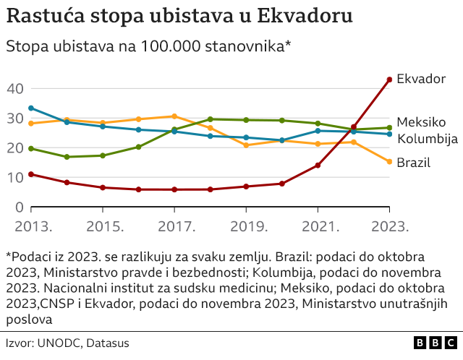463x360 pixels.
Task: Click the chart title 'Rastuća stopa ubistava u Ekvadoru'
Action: click(179, 16)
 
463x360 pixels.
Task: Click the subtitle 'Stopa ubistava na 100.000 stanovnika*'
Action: click(148, 47)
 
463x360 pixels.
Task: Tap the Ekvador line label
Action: click(422, 79)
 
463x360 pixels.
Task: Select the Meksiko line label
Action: click(422, 122)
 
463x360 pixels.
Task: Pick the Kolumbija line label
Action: click(428, 138)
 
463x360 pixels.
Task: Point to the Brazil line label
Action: click(413, 163)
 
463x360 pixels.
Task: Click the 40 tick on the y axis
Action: click(16, 88)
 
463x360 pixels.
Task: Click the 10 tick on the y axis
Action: click(16, 177)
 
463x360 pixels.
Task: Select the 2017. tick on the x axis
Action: click(174, 226)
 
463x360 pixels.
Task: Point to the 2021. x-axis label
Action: click(318, 226)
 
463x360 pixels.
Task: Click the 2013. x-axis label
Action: click(30, 226)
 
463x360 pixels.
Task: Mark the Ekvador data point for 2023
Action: click(389, 80)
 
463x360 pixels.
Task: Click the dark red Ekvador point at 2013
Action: click(31, 174)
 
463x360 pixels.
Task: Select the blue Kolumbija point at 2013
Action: click(31, 108)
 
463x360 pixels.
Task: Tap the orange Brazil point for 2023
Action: click(389, 162)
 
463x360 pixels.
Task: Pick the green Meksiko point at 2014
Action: click(67, 157)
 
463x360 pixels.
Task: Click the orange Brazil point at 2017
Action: click(174, 116)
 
